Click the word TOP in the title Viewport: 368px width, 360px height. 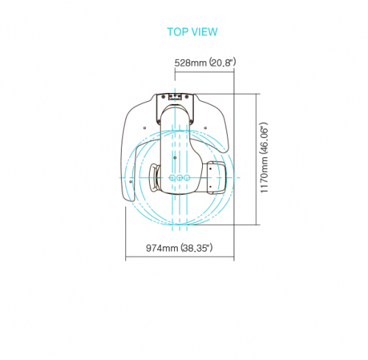coord(178,32)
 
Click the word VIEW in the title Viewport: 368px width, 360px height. coord(204,32)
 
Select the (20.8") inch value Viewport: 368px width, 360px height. coord(223,62)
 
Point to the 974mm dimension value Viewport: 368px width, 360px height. coord(162,248)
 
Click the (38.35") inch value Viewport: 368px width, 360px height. coord(197,248)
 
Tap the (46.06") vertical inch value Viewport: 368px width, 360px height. coord(264,138)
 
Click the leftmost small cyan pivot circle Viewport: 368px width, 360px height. coord(172,177)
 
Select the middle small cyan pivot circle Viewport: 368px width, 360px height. coord(180,177)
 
